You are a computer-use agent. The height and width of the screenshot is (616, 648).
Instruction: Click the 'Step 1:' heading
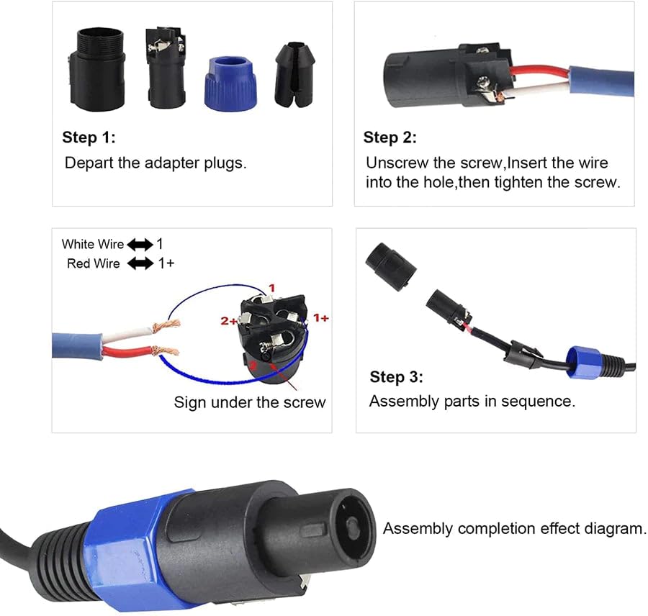point(89,137)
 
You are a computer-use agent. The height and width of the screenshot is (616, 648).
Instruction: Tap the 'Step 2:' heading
point(390,137)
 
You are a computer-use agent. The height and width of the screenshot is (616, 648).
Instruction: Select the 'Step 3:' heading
point(397,377)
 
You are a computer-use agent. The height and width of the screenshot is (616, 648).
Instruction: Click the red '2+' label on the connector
point(229,320)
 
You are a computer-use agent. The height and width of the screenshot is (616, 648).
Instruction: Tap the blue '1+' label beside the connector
point(320,317)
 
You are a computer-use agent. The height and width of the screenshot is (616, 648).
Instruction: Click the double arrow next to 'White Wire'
point(140,245)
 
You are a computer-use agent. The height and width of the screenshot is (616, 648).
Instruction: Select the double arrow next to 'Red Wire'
point(140,264)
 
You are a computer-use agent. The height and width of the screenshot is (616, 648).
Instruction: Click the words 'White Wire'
point(93,245)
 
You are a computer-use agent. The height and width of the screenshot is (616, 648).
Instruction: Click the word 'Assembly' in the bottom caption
point(418,529)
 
